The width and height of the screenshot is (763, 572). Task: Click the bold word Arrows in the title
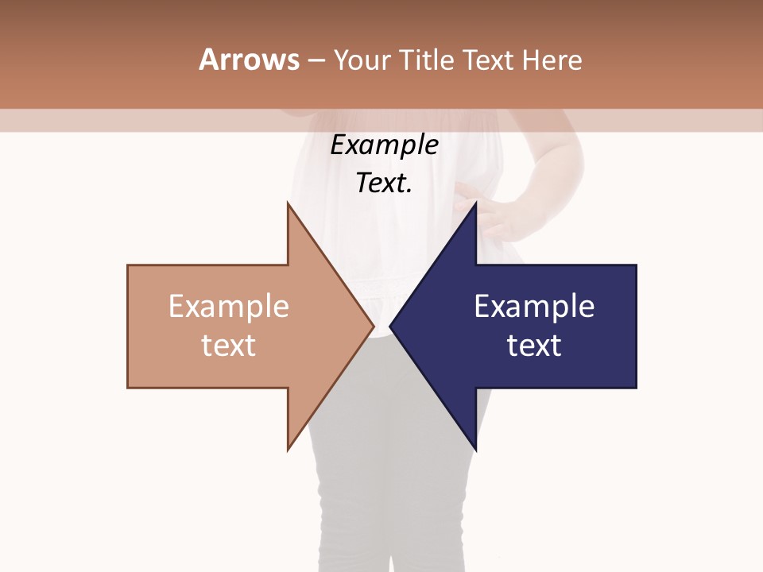pos(249,60)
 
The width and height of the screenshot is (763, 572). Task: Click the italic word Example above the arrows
pos(384,145)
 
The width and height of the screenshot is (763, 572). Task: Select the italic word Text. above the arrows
pos(384,184)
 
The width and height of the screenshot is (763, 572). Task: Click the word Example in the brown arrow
pos(229,307)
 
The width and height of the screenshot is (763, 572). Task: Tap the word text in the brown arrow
pos(229,346)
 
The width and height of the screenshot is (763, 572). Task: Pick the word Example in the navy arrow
pos(534,307)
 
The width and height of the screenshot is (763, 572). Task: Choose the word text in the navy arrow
pos(534,346)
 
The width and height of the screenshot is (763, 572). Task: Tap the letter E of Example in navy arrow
pos(482,307)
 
